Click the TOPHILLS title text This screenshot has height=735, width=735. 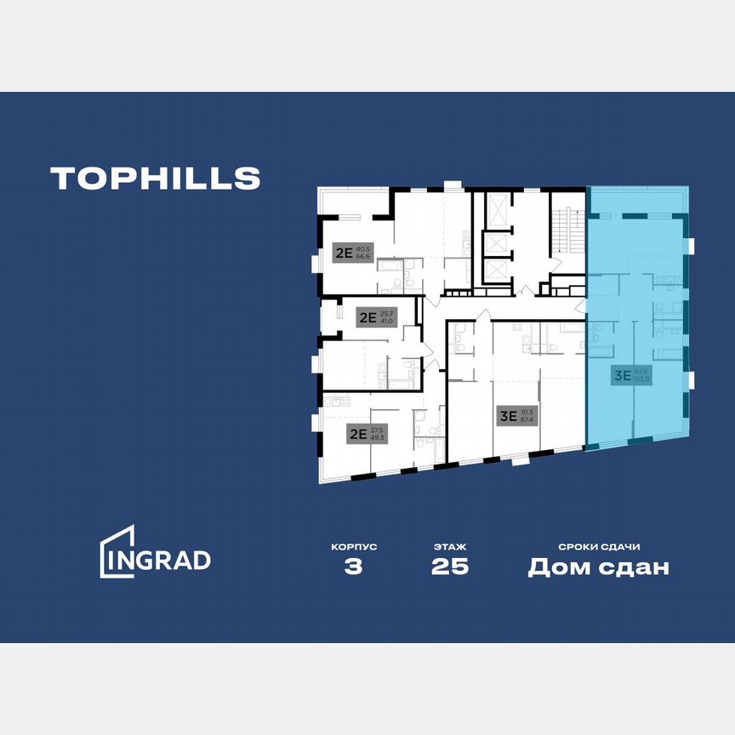click(x=155, y=178)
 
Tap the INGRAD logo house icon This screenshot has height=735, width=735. click(x=117, y=551)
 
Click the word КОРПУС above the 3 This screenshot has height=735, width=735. click(x=354, y=547)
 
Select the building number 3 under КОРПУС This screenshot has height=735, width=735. click(x=354, y=567)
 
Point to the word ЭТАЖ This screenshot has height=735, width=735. click(x=449, y=547)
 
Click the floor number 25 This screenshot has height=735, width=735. click(x=449, y=567)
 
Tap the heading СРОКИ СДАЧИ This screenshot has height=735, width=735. click(x=598, y=547)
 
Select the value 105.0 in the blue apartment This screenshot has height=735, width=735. click(x=641, y=379)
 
